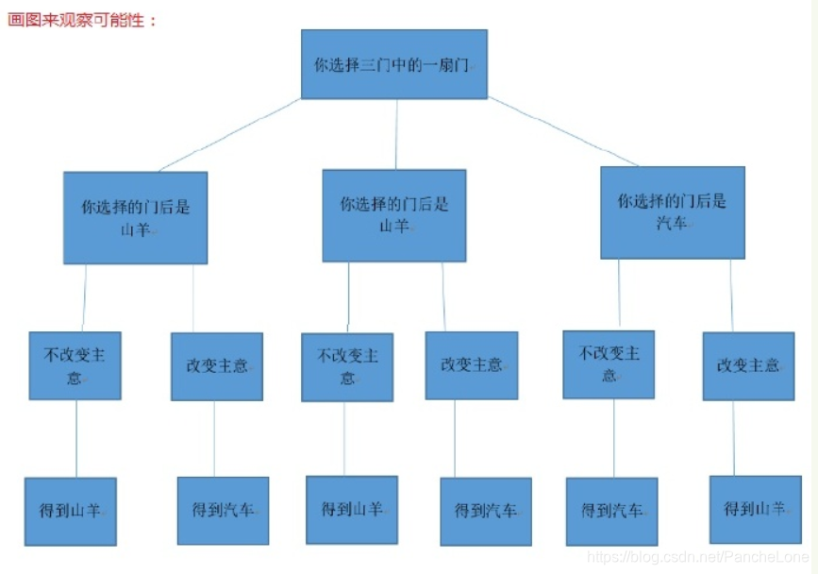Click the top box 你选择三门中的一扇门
tap(393, 64)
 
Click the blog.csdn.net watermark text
tap(697, 558)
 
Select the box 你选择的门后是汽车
tap(673, 212)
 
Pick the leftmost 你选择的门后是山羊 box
tap(135, 217)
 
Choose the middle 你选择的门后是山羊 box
tap(393, 215)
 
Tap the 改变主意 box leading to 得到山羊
tap(748, 365)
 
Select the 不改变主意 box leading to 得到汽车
tap(609, 363)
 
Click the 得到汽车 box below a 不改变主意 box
tap(611, 511)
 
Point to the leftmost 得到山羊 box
tap(71, 511)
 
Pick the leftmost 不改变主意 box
tap(75, 365)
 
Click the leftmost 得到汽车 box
tap(223, 511)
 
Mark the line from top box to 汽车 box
tap(562, 131)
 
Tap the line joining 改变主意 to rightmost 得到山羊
tap(733, 438)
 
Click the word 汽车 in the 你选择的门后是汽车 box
tap(673, 224)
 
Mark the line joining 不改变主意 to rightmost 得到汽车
tap(613, 438)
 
